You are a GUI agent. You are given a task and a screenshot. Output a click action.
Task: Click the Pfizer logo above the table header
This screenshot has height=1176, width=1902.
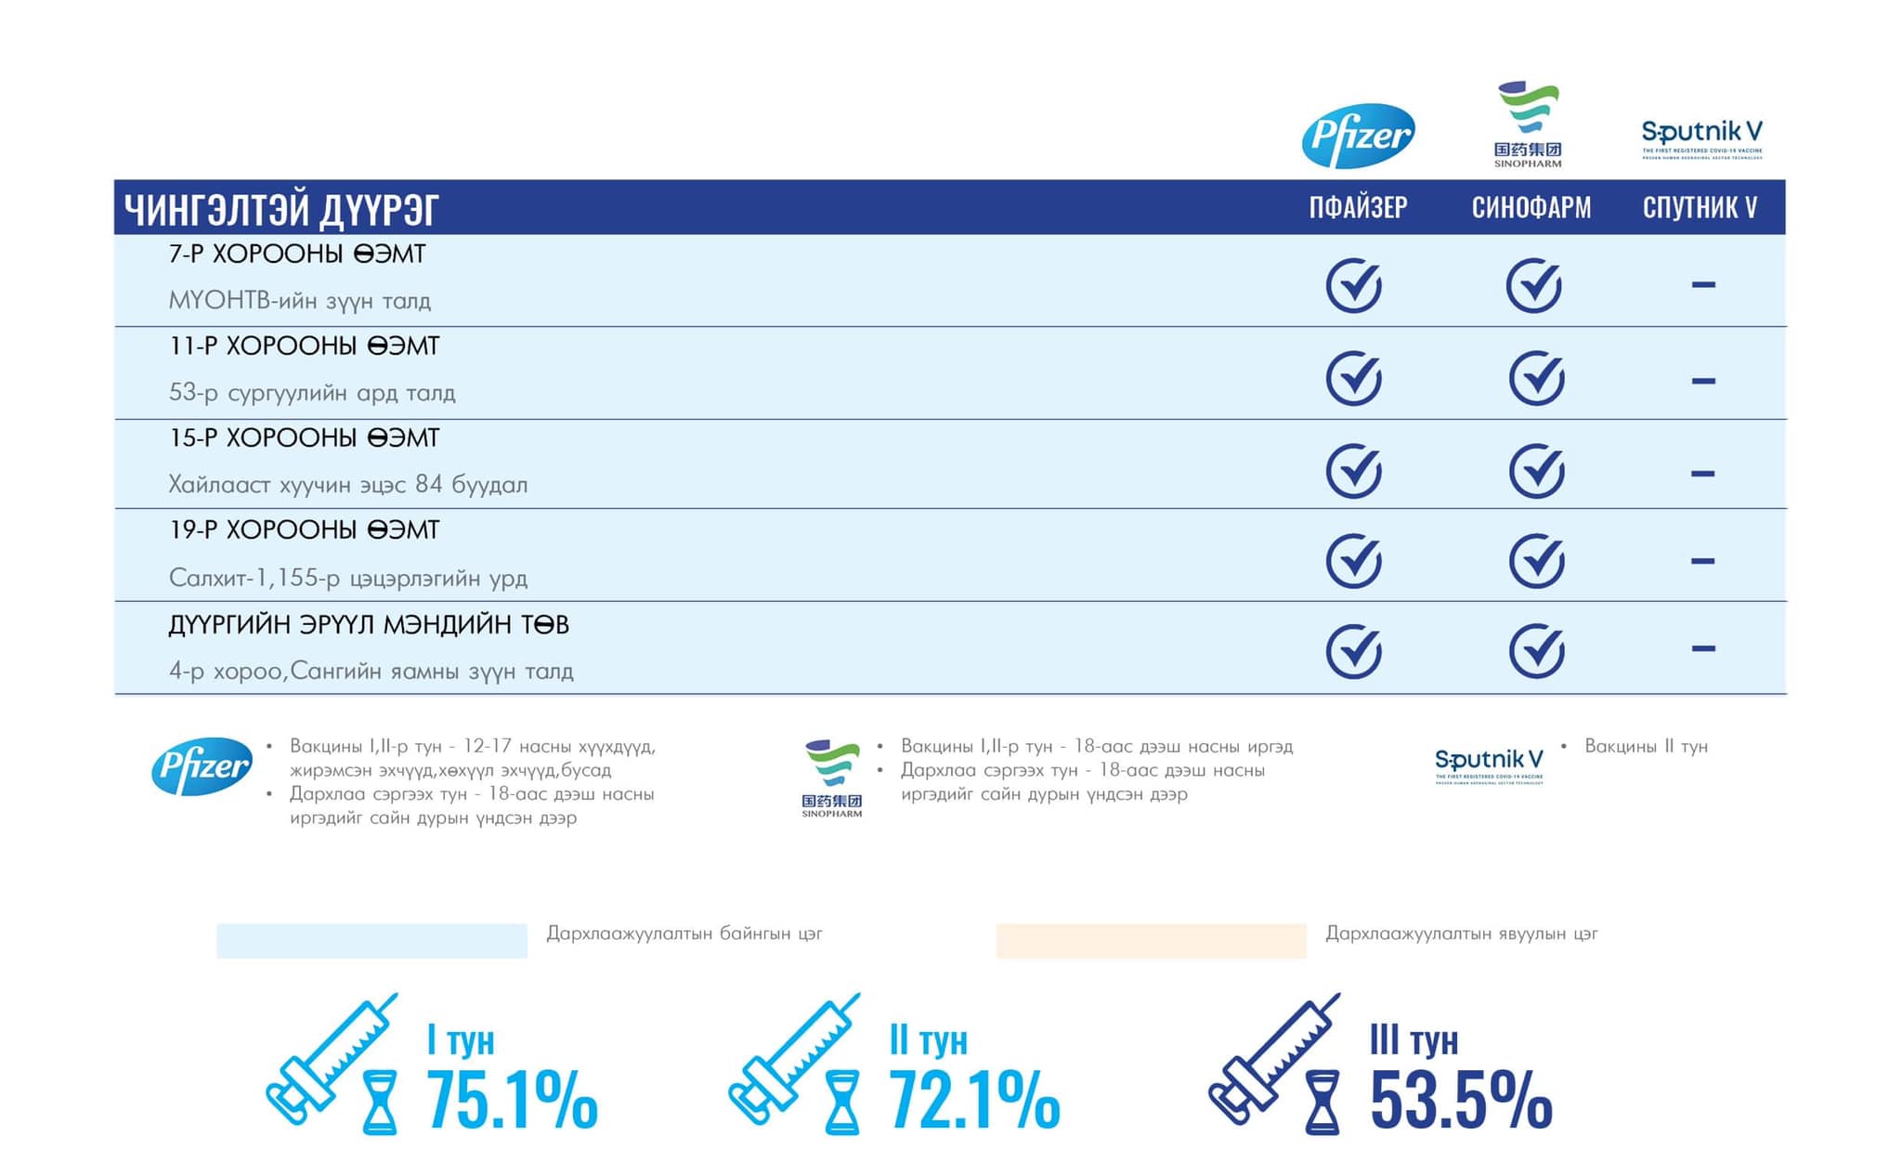(1358, 136)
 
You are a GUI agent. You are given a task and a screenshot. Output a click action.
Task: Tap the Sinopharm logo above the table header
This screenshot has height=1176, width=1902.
(1528, 124)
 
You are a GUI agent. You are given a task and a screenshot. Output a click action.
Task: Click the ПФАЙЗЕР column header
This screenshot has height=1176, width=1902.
(1358, 207)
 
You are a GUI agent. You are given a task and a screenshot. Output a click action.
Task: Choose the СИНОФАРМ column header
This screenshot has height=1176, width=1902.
(1531, 207)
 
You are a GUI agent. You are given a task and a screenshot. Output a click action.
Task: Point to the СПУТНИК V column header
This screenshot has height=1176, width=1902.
(1700, 207)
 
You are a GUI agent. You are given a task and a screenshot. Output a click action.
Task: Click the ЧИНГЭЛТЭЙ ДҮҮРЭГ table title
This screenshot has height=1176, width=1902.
(281, 210)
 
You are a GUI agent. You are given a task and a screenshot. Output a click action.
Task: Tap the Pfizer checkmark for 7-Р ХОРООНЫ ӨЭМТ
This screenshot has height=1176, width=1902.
(1353, 285)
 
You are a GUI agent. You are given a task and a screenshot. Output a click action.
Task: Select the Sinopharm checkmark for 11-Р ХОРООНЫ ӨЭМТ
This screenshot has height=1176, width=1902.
(1536, 378)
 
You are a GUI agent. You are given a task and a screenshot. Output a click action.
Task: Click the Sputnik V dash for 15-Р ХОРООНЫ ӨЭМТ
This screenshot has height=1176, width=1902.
(1702, 474)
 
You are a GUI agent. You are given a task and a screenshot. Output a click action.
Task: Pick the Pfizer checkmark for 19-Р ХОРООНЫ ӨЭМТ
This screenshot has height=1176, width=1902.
(1353, 561)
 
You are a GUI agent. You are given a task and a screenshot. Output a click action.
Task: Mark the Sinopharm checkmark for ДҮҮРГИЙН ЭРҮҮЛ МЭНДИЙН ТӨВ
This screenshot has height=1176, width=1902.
(1536, 650)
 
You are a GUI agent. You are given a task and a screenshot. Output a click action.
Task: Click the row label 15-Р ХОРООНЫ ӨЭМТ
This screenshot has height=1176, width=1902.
(304, 438)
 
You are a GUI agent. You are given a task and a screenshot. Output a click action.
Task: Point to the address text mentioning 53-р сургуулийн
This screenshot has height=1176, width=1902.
(312, 393)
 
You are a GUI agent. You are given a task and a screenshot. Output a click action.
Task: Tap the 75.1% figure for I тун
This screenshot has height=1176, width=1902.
(512, 1101)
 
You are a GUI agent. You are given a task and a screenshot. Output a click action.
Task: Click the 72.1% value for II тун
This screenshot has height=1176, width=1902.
(974, 1101)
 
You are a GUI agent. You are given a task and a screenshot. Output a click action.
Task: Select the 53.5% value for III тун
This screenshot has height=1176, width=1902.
(1461, 1101)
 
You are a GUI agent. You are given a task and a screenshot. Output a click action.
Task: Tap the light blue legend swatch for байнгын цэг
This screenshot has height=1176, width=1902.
(371, 940)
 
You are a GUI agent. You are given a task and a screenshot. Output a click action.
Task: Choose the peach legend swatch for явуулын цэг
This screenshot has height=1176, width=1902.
(1151, 940)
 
